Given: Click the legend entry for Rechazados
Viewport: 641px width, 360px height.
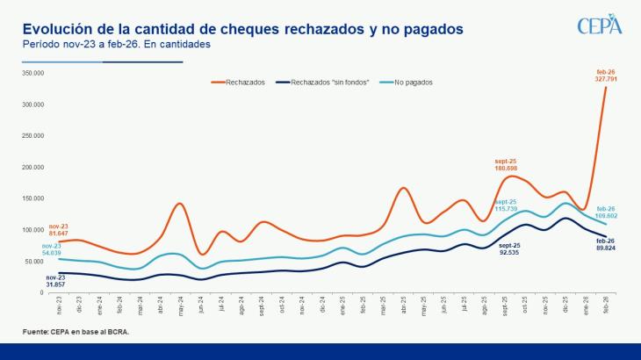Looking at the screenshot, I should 241,83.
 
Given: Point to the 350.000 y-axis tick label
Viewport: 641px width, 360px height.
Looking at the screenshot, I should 32,73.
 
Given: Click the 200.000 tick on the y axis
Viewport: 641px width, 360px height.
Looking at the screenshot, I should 32,167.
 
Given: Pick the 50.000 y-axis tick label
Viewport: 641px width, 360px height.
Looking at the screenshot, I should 33,261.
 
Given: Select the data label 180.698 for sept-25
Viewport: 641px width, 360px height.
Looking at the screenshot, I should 508,167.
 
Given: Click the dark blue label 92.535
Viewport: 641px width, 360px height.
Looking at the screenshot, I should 509,253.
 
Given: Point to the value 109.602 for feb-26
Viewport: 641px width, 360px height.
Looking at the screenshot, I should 606,215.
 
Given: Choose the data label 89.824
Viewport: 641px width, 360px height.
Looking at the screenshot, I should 606,248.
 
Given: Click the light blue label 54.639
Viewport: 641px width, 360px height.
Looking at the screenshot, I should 52,253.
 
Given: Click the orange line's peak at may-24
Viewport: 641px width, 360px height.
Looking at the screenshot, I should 178,204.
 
